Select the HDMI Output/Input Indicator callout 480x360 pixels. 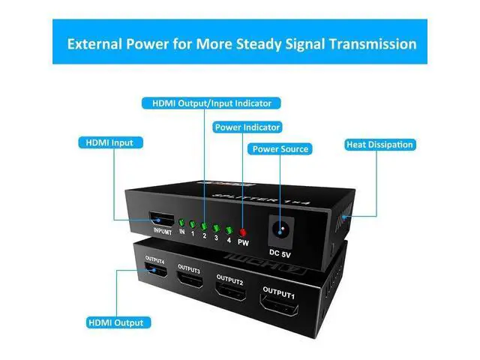click(x=206, y=103)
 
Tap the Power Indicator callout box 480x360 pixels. click(x=247, y=127)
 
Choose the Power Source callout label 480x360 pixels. click(x=280, y=149)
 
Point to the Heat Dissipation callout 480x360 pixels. click(x=379, y=145)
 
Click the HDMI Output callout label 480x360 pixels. click(x=115, y=322)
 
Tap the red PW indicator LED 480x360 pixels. click(x=241, y=231)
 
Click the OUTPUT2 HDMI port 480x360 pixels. click(x=230, y=291)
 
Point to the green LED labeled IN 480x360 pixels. click(x=181, y=223)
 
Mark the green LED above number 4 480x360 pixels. click(x=227, y=229)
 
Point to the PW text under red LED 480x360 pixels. click(x=242, y=242)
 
